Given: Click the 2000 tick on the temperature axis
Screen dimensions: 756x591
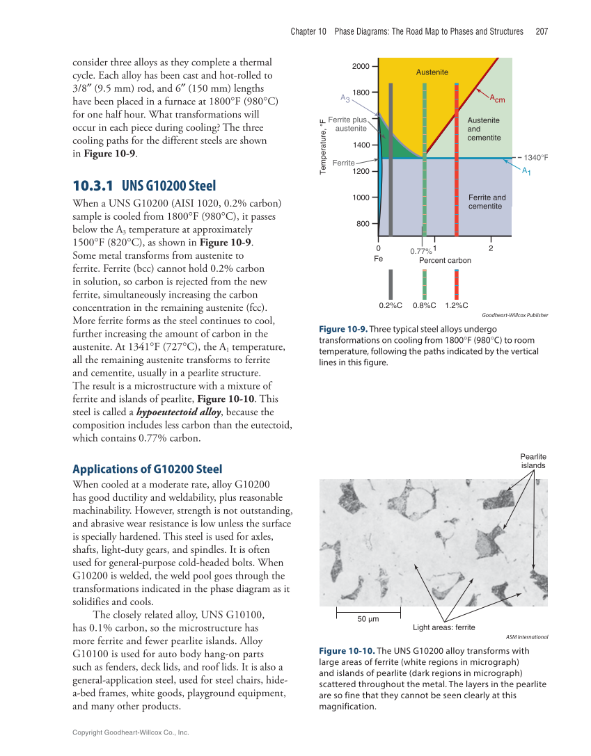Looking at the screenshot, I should pos(361,65).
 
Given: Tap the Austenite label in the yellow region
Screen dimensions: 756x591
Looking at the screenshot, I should pos(432,72).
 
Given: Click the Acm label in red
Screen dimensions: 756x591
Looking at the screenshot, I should pos(496,99).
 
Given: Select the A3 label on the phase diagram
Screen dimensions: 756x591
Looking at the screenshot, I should pos(345,98).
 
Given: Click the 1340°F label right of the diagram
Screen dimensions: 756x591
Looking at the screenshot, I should pos(535,158).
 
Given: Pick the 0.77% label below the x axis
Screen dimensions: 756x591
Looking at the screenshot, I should pos(420,251).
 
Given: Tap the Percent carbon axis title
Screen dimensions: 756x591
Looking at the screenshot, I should pos(445,261).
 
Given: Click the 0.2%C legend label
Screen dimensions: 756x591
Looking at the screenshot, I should pos(391,305).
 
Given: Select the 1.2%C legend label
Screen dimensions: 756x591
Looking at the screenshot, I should pos(456,305).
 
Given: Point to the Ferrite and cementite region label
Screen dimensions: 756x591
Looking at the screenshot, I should pos(487,202).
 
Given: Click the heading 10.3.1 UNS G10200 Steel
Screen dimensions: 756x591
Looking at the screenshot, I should pos(144,186).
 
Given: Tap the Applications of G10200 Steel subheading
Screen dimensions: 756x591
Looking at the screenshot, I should pos(147,469).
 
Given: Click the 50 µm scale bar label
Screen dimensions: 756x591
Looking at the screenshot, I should pos(368,619).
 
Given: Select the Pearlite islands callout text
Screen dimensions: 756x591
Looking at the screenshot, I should pos(533,460).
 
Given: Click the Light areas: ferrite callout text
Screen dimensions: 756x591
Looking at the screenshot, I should pos(443,627).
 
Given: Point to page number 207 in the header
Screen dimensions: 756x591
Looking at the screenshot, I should pos(542,31).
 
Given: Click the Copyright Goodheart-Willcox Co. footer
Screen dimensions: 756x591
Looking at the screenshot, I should pos(131,732).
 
